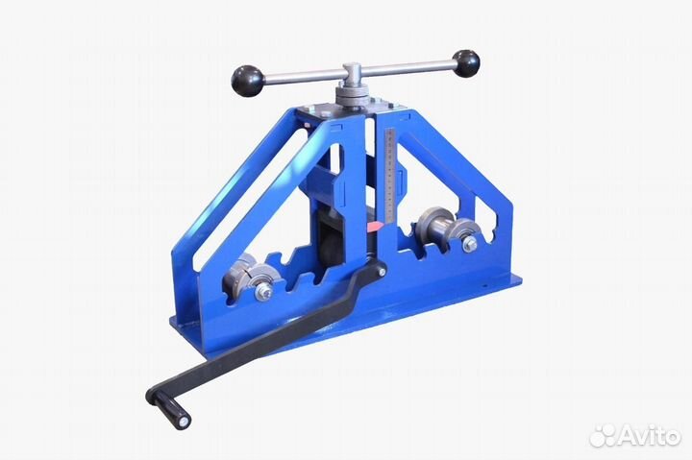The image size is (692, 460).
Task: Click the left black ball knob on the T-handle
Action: pos(248,81)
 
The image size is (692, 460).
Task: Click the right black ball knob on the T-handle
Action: pos(465,63)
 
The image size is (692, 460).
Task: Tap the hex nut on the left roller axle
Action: pos(262,291)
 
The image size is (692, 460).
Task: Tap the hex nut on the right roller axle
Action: pos(470,243)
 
